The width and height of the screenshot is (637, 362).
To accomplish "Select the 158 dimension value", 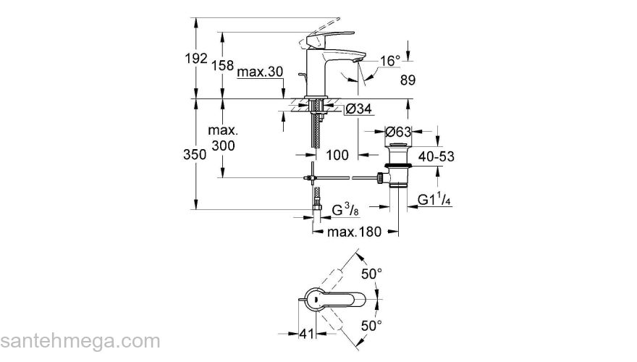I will point(222,65).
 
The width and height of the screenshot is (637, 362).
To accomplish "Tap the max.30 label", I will point(260,72).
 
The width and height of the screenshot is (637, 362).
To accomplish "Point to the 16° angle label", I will point(389,61).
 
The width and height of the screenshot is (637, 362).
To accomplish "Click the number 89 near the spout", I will point(408,81).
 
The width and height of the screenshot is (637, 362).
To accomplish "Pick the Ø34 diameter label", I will point(358,109).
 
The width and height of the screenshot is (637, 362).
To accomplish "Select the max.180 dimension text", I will point(354,232).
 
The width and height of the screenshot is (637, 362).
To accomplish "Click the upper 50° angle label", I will point(371,274).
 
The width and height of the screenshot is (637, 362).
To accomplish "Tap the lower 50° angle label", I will point(371,326).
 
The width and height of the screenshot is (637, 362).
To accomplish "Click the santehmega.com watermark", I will point(80,340).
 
